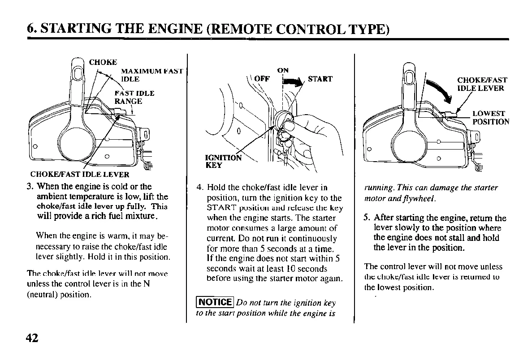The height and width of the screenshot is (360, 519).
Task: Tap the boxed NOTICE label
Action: pos(215,303)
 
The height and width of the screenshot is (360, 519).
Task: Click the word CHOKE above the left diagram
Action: pos(103,62)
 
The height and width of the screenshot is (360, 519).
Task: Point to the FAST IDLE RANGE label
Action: pos(134,97)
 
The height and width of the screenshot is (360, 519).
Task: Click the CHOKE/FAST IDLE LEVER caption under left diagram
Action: pos(79,175)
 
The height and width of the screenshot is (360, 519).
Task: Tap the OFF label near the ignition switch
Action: pos(262,79)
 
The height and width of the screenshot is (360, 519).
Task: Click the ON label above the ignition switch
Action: pos(283,70)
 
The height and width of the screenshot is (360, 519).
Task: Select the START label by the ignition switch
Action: pos(320,79)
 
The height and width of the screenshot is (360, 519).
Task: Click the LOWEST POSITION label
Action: pos(491,117)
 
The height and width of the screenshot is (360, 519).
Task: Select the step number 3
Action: pos(30,186)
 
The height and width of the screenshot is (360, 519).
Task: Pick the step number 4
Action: pos(199,187)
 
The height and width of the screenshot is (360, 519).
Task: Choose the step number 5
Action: pos(367,219)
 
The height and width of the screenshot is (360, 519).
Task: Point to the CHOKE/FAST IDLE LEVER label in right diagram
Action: pos(482,84)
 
